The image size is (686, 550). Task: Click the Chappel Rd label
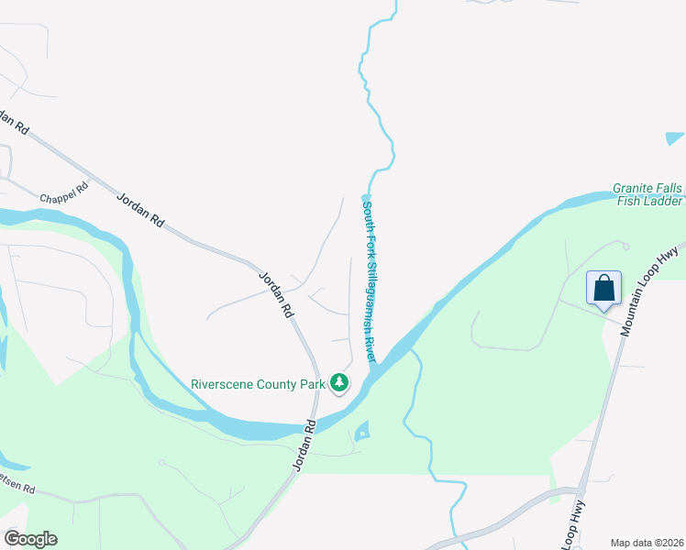pyautogui.click(x=63, y=193)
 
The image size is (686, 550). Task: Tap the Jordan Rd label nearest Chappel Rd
pyautogui.click(x=140, y=209)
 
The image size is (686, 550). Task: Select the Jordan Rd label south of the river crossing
pyautogui.click(x=304, y=446)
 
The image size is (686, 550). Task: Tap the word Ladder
pyautogui.click(x=664, y=202)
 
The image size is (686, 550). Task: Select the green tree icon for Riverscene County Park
pyautogui.click(x=340, y=382)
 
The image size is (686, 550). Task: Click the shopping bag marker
pyautogui.click(x=604, y=288)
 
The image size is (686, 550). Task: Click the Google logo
pyautogui.click(x=30, y=539)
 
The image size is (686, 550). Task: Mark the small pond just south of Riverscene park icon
pyautogui.click(x=361, y=430)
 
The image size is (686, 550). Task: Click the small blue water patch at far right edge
pyautogui.click(x=675, y=139)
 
